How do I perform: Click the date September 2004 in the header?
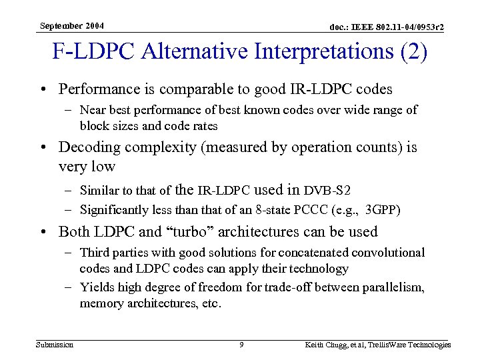pos(72,26)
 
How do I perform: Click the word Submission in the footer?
pos(55,345)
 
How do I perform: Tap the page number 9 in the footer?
pos(241,345)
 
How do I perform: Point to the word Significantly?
pos(114,210)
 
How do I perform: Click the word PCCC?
pos(312,210)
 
